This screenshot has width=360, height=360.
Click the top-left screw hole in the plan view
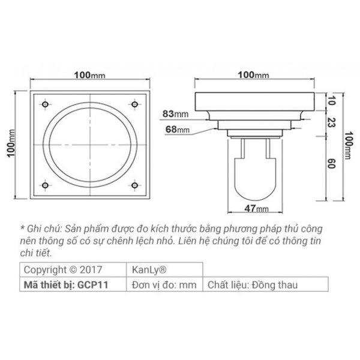point(45,104)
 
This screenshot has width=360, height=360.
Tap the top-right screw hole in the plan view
point(134,104)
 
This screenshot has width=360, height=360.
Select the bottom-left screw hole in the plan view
point(45,185)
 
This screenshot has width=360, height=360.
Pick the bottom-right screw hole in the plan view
point(134,185)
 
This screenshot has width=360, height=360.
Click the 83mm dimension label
point(176,114)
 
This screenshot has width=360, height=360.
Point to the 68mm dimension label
point(178,130)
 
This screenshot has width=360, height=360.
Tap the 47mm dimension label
point(256,208)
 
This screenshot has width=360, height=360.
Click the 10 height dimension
point(331,101)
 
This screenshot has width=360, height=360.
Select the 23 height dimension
point(331,122)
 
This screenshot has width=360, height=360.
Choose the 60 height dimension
point(331,163)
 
